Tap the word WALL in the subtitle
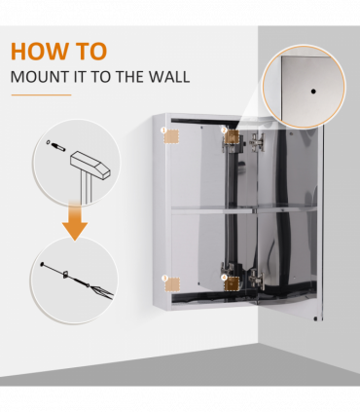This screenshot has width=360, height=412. [x=170, y=77]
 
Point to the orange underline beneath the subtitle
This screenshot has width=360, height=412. [x=41, y=95]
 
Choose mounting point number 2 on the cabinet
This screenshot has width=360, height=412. [x=231, y=135]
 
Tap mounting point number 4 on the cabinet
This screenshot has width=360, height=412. [x=232, y=283]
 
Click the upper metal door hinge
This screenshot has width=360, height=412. [x=254, y=142]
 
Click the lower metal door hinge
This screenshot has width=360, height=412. [x=254, y=280]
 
